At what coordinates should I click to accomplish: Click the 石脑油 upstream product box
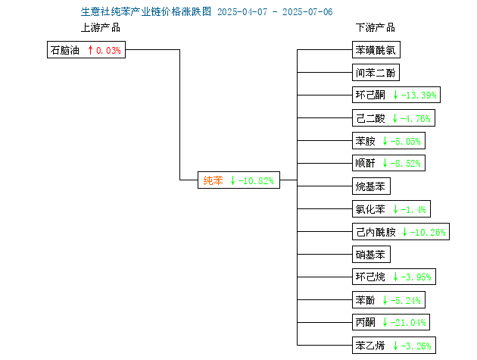tap(86, 50)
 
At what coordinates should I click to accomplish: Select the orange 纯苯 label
tap(213, 180)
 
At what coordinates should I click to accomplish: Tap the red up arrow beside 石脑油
tap(90, 50)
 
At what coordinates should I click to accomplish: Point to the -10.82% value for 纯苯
tap(256, 181)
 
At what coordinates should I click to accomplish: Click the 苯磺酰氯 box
tap(376, 50)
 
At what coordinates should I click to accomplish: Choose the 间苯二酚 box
tap(376, 73)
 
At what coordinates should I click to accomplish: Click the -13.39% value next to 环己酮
tap(419, 95)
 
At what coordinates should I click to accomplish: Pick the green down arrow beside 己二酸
tap(394, 118)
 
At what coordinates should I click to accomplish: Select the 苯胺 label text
tap(366, 141)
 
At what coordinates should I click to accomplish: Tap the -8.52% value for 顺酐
tap(406, 164)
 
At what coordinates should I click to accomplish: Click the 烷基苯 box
tap(371, 186)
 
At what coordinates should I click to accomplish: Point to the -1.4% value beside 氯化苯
tap(413, 209)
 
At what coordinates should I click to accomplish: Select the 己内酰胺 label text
tap(376, 232)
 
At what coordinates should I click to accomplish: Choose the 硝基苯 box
tap(371, 255)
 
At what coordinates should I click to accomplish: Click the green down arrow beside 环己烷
tap(395, 277)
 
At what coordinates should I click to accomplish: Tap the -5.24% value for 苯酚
tap(406, 301)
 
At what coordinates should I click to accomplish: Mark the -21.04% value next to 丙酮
tap(408, 323)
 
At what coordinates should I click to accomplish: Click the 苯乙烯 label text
tap(370, 346)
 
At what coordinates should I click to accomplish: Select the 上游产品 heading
tap(101, 27)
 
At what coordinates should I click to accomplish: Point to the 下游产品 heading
tap(376, 27)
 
